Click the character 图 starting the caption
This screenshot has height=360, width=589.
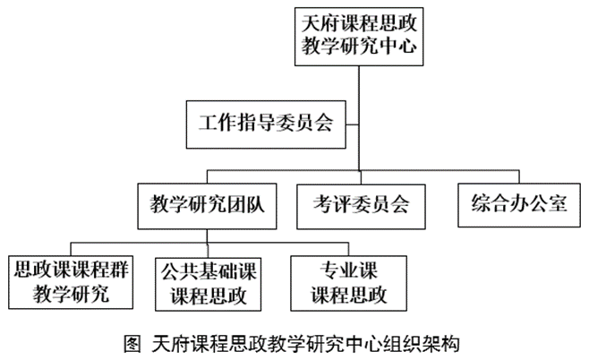pos(132,344)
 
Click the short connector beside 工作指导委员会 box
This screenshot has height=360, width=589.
pos(353,124)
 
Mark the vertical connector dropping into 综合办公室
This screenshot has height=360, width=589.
pos(519,176)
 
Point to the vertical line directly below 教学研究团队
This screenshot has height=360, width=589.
pos(207,236)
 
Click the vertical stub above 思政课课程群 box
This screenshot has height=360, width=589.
pos(72,250)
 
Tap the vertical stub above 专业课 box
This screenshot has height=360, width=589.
pos(348,250)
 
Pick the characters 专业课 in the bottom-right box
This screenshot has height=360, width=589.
pos(348,270)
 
